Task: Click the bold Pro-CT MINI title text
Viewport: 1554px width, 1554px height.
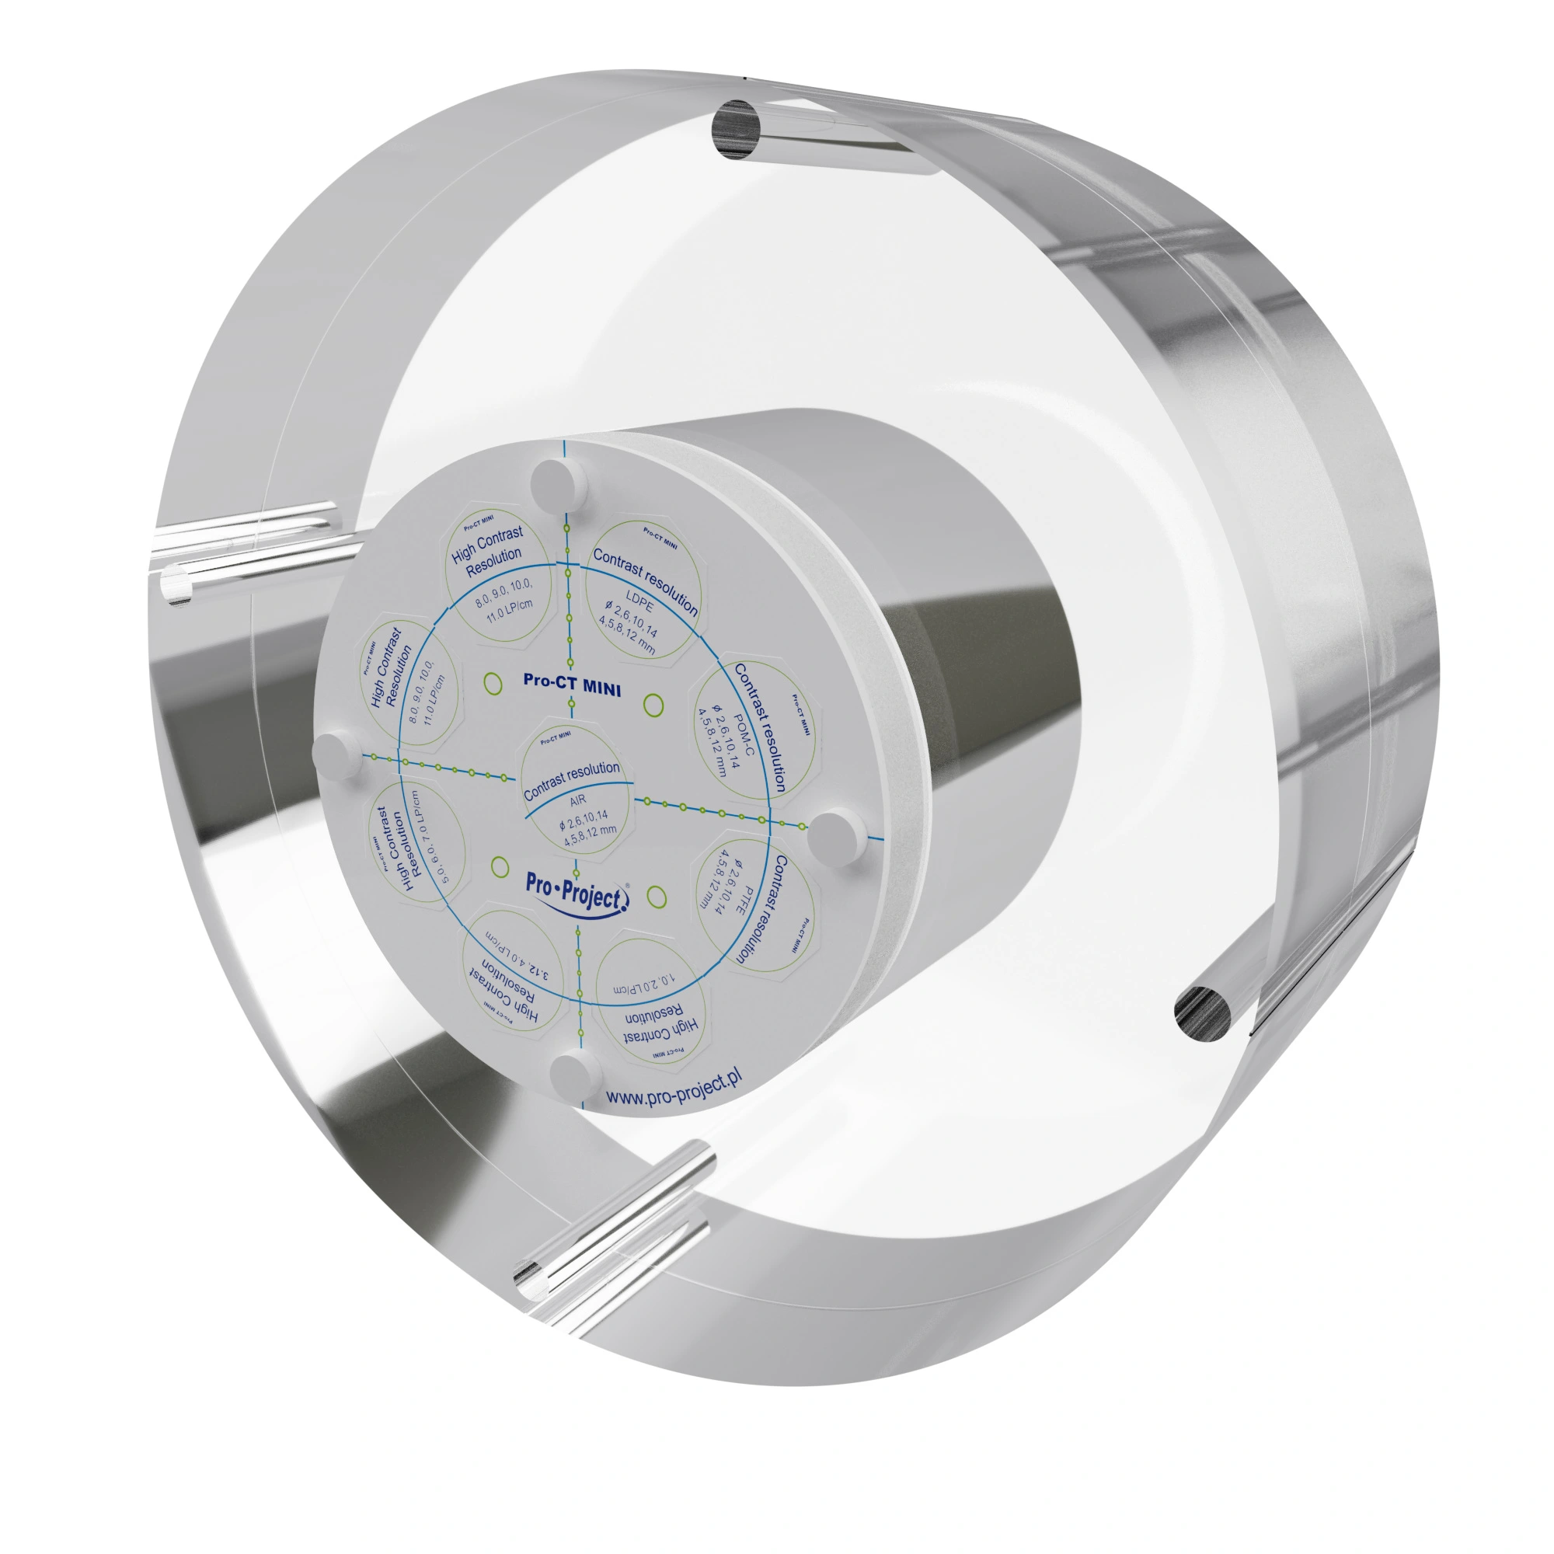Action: tap(572, 685)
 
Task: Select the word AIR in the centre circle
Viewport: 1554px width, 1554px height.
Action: tap(577, 800)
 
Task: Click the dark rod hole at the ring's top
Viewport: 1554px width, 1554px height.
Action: tap(736, 129)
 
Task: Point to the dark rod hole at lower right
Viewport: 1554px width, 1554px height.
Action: tap(1203, 1013)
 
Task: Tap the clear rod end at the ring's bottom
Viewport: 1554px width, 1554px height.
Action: tap(529, 1279)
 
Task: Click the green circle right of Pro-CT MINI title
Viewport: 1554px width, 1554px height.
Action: tap(654, 706)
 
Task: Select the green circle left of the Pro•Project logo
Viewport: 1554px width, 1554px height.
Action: tap(500, 867)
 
